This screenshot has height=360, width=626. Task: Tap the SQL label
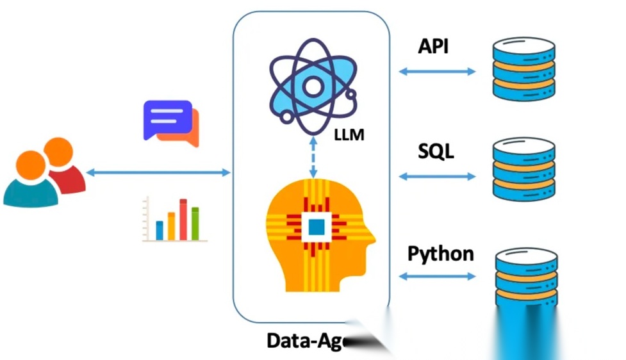pos(436,152)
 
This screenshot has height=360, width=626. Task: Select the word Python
pos(441,254)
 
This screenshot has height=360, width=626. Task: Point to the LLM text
pos(349,136)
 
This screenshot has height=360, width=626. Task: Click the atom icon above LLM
pos(313,86)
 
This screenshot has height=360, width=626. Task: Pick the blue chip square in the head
pos(316,226)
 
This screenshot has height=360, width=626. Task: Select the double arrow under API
pos(437,71)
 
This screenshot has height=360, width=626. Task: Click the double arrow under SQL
pos(437,176)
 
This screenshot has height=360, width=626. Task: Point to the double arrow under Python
pos(437,276)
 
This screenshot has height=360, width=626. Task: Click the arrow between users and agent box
pos(158,172)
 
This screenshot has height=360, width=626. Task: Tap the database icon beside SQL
pos(523,169)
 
